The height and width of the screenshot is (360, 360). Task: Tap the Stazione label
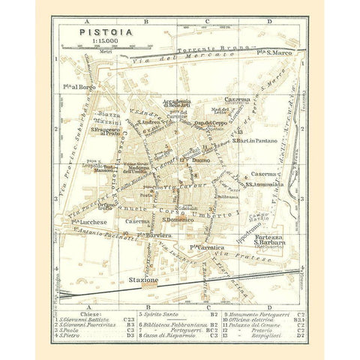click(143, 279)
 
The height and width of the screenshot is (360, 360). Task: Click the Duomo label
click(199, 159)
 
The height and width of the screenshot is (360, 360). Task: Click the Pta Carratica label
click(203, 246)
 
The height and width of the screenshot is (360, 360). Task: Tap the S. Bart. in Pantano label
click(256, 139)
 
